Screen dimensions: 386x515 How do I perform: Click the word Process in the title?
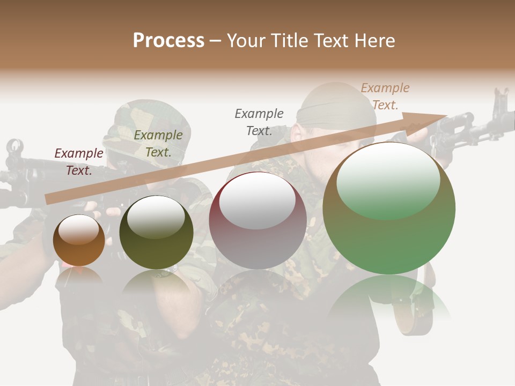(168, 40)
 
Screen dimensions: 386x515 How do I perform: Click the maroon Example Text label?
(79, 162)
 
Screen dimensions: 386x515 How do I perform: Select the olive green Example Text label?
(158, 144)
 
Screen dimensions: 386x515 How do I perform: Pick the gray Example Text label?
(259, 122)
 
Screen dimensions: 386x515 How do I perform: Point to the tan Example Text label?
(385, 96)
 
